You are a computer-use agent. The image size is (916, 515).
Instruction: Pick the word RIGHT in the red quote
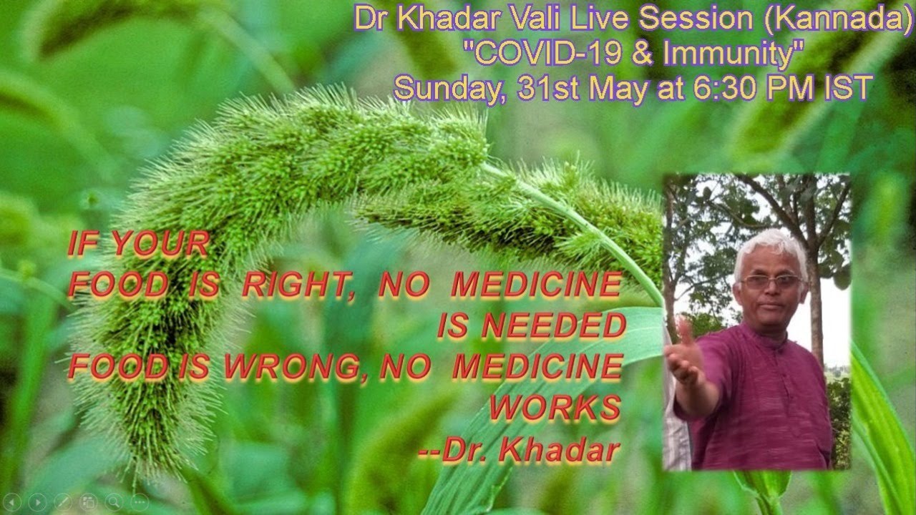[296, 285]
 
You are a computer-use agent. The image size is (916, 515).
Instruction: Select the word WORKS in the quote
[555, 407]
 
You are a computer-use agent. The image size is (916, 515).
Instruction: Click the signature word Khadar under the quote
[560, 451]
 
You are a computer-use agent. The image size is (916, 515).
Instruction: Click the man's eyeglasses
[772, 281]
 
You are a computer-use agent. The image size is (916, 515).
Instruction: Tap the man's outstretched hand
[686, 355]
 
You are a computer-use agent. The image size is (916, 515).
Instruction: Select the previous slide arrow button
[12, 502]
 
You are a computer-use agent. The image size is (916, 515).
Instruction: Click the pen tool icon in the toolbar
[63, 502]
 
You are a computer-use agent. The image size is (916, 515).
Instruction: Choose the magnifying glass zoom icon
[114, 502]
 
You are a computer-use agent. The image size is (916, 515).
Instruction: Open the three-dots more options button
[140, 502]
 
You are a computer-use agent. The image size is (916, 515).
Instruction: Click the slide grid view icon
[89, 502]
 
